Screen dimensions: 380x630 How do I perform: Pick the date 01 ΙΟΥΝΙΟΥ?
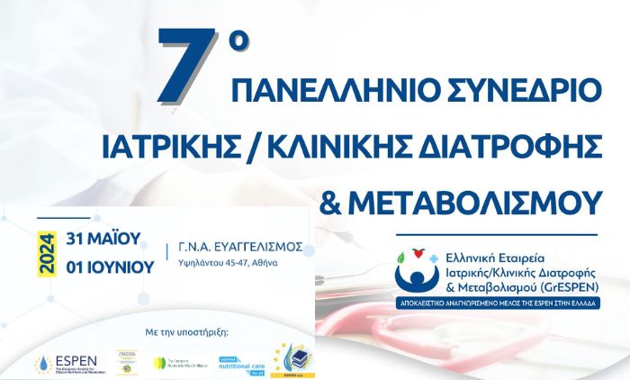pos(110,267)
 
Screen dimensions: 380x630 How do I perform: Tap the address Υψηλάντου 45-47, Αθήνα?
pos(229,264)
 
